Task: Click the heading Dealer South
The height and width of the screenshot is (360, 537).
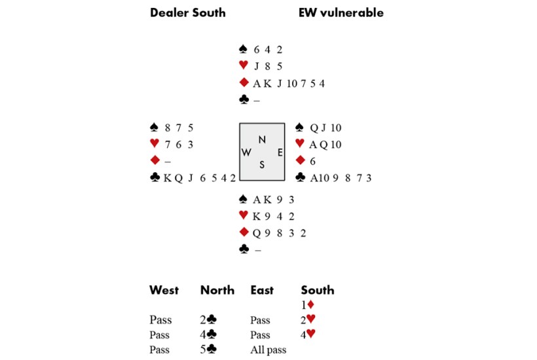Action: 187,12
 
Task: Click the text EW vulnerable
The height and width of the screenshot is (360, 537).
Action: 341,12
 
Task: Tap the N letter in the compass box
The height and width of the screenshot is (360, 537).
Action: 262,139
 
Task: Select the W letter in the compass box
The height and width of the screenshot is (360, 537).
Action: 247,152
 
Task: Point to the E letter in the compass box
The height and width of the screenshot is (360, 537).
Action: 280,152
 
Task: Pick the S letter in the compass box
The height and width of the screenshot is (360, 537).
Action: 262,165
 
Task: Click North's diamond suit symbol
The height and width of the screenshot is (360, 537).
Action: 244,83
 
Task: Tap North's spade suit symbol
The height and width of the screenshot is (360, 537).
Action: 244,49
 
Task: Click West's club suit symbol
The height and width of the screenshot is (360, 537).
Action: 155,177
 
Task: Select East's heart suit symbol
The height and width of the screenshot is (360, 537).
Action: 301,144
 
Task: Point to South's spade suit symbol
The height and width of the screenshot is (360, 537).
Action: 244,200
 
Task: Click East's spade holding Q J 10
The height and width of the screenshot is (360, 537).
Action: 326,128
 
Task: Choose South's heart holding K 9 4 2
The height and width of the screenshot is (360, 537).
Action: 274,217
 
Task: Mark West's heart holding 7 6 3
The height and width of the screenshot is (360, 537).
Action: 180,144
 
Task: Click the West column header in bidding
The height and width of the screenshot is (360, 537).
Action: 164,290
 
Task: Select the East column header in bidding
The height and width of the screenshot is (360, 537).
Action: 262,290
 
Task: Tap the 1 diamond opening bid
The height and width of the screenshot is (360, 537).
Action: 308,304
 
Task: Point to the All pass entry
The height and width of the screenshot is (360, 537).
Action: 268,350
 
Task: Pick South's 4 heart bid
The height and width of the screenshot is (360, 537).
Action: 308,334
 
